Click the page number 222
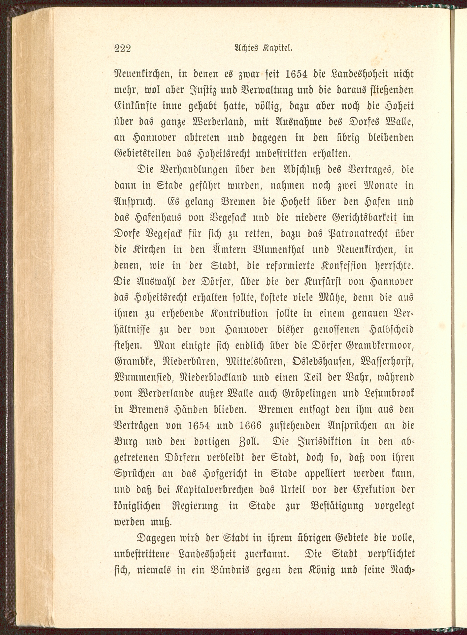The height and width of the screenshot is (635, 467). point(123,49)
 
